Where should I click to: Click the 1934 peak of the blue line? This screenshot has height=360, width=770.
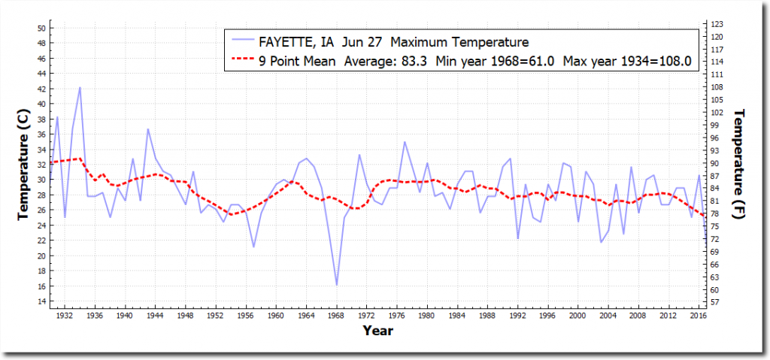pos(80,87)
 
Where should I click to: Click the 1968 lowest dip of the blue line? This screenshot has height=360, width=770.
pos(336,285)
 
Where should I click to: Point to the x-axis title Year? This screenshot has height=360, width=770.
pos(377,329)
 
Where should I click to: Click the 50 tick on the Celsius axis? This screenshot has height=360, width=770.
pos(42,28)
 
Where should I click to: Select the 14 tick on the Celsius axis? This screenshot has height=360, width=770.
pos(42,301)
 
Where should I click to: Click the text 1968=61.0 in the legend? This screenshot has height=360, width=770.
pos(525,60)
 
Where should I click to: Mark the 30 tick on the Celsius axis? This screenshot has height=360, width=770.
pos(42,180)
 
